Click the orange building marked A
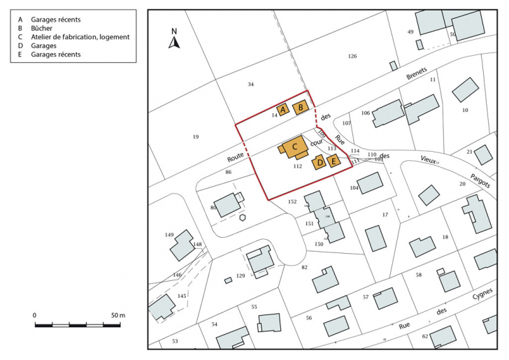[x=283, y=110]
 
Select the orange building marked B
[x=301, y=107]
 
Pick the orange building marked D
[x=320, y=162]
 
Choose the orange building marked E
[x=334, y=161]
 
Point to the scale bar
[x=79, y=325]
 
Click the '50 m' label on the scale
[x=116, y=315]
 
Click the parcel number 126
[x=352, y=56]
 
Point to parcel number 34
[x=250, y=85]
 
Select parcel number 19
[x=196, y=137]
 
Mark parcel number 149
[x=169, y=235]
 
